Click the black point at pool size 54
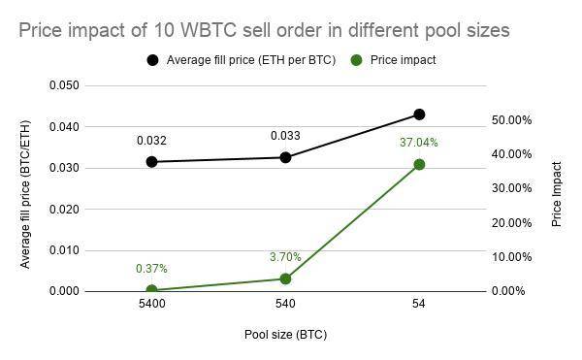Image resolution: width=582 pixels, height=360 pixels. pyautogui.click(x=419, y=115)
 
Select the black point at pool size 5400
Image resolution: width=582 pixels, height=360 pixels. pyautogui.click(x=151, y=162)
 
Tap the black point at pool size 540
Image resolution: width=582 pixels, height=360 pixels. pyautogui.click(x=285, y=158)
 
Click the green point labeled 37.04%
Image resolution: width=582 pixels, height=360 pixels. pyautogui.click(x=419, y=164)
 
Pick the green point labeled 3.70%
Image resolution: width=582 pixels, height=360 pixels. pyautogui.click(x=285, y=278)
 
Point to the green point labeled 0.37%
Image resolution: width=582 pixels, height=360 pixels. pyautogui.click(x=151, y=290)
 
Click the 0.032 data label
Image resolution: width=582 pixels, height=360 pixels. pyautogui.click(x=151, y=141)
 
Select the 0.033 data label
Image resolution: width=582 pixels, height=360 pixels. pyautogui.click(x=285, y=136)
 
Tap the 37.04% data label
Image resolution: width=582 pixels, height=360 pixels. pyautogui.click(x=419, y=143)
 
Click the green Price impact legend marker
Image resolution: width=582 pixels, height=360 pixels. pyautogui.click(x=357, y=60)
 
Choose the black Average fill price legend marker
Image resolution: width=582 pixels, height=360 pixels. pyautogui.click(x=152, y=60)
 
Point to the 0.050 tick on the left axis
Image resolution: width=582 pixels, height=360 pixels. pyautogui.click(x=64, y=85)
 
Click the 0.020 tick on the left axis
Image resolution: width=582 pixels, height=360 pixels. pyautogui.click(x=64, y=210)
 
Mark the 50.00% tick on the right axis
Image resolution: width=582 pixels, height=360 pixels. pyautogui.click(x=512, y=120)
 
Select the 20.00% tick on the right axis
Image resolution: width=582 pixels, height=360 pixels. pyautogui.click(x=512, y=223)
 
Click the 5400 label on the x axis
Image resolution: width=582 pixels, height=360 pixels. pyautogui.click(x=151, y=304)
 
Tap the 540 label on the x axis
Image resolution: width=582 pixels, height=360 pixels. pyautogui.click(x=285, y=304)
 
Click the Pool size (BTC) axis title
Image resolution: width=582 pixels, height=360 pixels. pyautogui.click(x=285, y=335)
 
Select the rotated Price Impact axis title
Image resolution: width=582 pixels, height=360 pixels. pyautogui.click(x=557, y=194)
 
